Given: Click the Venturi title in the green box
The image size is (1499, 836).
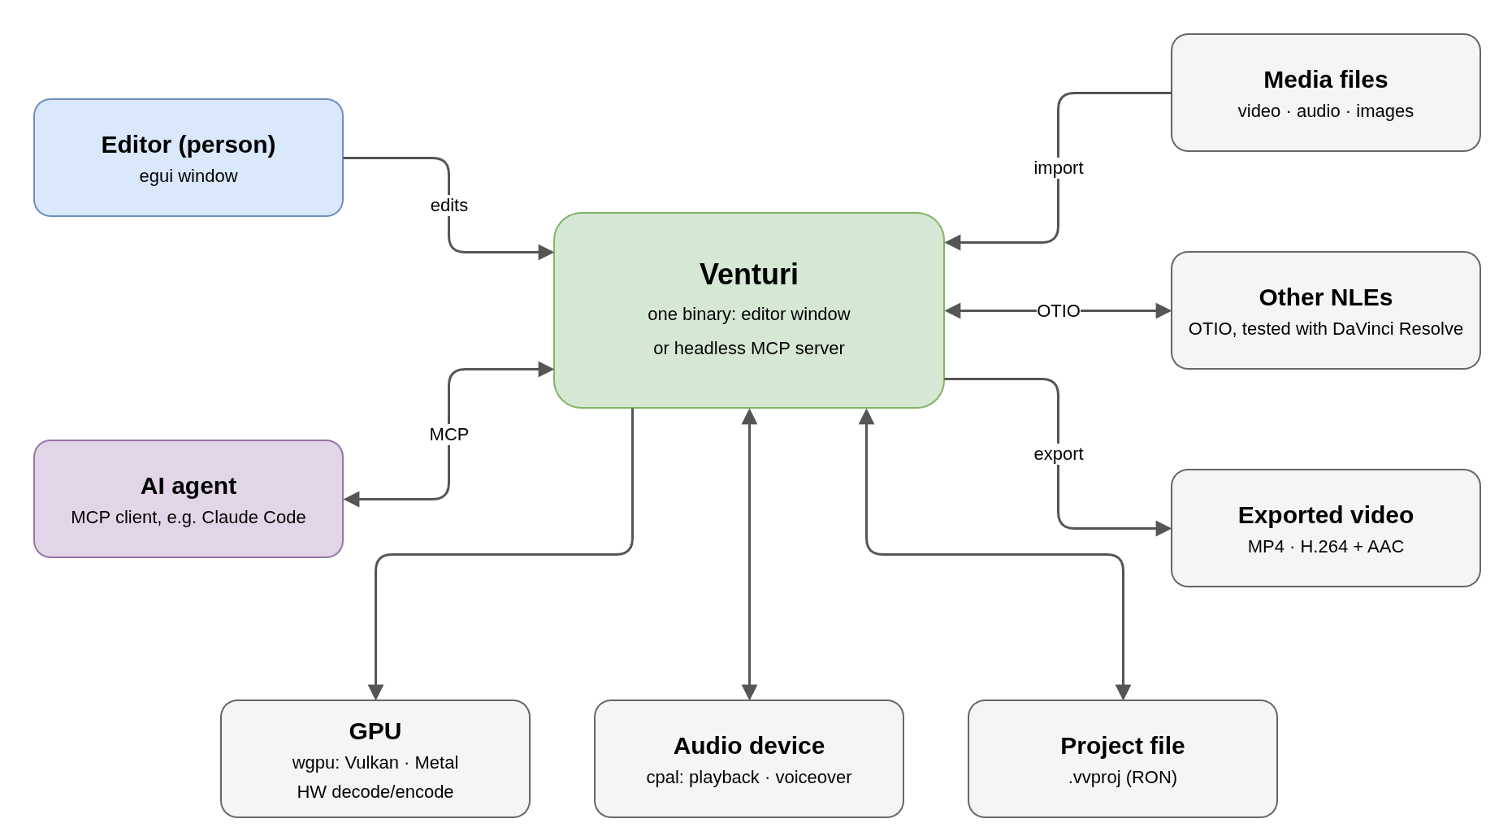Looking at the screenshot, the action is pyautogui.click(x=748, y=275).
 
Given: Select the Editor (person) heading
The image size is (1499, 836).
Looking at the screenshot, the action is pyautogui.click(x=188, y=145).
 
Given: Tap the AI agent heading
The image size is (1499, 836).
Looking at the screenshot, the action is pyautogui.click(x=188, y=486).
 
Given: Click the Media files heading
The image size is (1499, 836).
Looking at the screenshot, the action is pyautogui.click(x=1325, y=80).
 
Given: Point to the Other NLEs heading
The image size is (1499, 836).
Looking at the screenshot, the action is pyautogui.click(x=1325, y=297).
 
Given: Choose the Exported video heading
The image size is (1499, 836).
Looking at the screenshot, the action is pyautogui.click(x=1325, y=515).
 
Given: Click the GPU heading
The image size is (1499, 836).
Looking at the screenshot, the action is pyautogui.click(x=375, y=731).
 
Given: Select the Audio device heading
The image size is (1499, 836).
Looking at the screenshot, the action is pyautogui.click(x=748, y=746).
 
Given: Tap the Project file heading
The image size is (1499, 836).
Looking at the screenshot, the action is pyautogui.click(x=1122, y=746).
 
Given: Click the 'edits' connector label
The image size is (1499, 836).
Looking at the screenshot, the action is pyautogui.click(x=448, y=206).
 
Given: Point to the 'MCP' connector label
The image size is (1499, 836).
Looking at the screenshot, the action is pyautogui.click(x=448, y=435).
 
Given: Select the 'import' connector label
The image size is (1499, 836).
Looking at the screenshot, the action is pyautogui.click(x=1058, y=168).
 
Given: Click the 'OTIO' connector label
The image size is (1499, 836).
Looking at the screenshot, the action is pyautogui.click(x=1058, y=311).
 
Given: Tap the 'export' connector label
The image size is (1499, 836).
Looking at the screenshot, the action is pyautogui.click(x=1058, y=454).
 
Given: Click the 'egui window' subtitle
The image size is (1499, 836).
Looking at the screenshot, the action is pyautogui.click(x=188, y=176).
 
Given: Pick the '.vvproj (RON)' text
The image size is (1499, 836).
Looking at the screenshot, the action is pyautogui.click(x=1122, y=778).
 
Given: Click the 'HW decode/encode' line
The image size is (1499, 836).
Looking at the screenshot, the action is pyautogui.click(x=375, y=792).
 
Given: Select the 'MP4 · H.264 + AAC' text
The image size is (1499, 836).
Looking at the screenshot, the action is pyautogui.click(x=1325, y=547).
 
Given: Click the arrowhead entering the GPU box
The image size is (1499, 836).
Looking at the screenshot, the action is pyautogui.click(x=375, y=692).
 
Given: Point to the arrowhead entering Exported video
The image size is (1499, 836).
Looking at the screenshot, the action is pyautogui.click(x=1163, y=528).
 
